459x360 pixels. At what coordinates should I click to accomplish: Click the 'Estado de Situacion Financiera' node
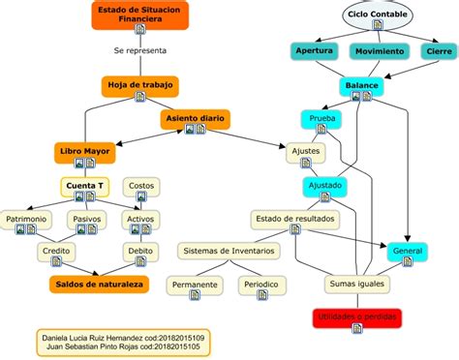pyautogui.click(x=140, y=15)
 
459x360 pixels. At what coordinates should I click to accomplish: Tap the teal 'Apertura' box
pyautogui.click(x=314, y=50)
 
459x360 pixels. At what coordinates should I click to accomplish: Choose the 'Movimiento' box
pyautogui.click(x=379, y=50)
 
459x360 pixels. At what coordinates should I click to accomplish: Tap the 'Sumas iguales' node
pyautogui.click(x=356, y=284)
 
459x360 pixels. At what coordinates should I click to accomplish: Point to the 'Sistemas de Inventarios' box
pyautogui.click(x=229, y=252)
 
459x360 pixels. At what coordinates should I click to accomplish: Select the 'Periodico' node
pyautogui.click(x=259, y=285)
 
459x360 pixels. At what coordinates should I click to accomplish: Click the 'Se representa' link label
pyautogui.click(x=139, y=48)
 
